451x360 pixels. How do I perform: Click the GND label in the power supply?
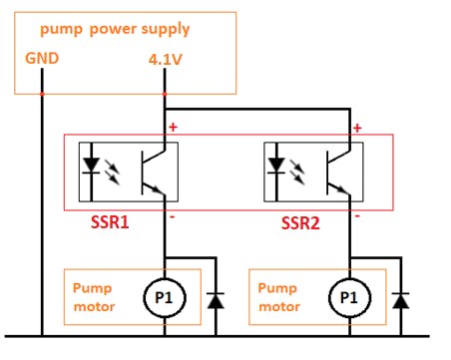[42, 57]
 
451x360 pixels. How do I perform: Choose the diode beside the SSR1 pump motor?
[214, 298]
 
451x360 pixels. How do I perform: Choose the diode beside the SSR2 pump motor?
[400, 298]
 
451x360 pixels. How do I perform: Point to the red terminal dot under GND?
[42, 93]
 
